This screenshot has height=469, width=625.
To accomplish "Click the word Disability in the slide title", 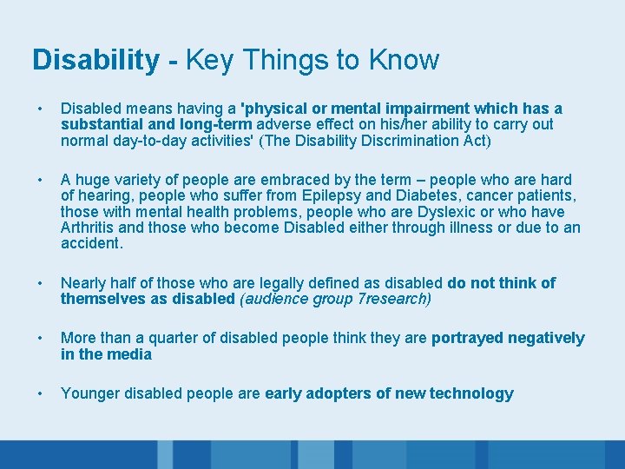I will point(95,60).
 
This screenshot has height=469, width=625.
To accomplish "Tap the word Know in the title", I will point(404,60).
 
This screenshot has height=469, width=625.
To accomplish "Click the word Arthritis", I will point(89,228).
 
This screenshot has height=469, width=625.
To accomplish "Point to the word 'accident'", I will point(90,243).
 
